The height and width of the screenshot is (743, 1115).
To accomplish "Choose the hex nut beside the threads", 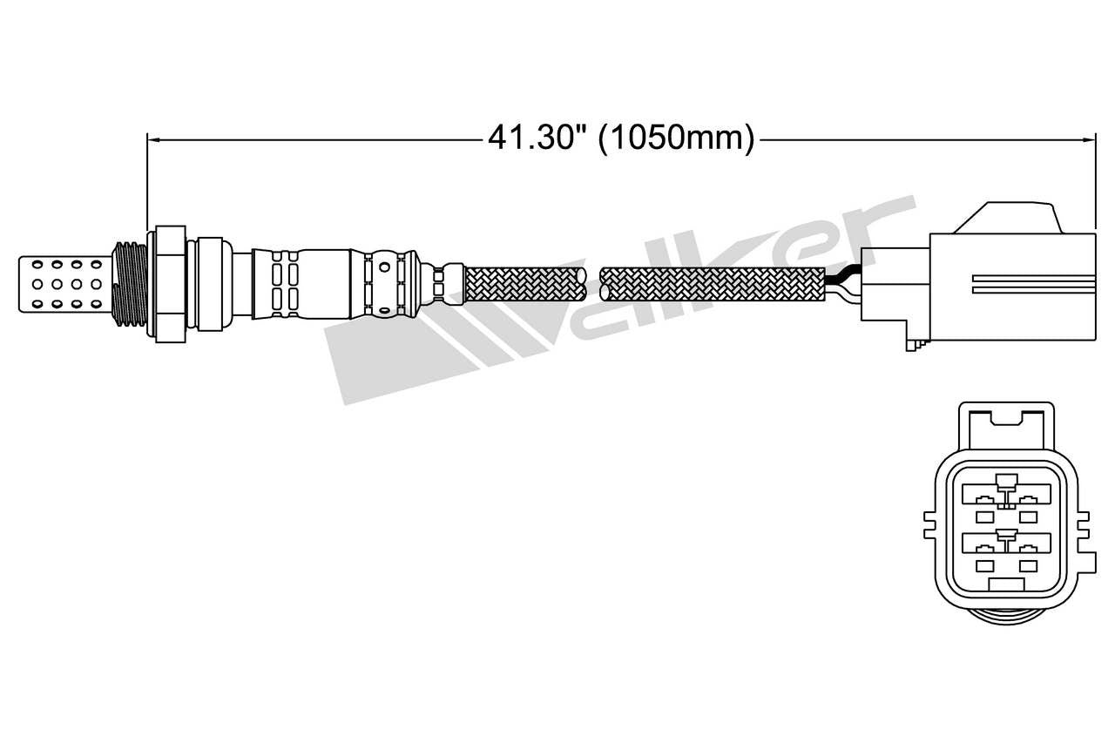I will pyautogui.click(x=170, y=283).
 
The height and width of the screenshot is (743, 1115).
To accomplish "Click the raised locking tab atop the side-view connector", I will pyautogui.click(x=1009, y=218).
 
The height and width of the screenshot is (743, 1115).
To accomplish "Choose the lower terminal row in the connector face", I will pyautogui.click(x=1004, y=549).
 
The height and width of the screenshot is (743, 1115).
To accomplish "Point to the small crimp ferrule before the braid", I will pyautogui.click(x=439, y=283).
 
